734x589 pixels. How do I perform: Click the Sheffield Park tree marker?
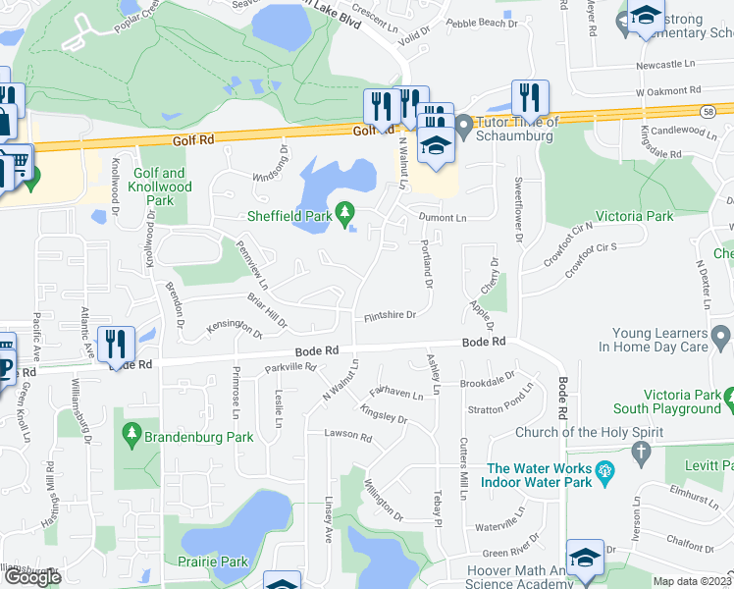click(343, 212)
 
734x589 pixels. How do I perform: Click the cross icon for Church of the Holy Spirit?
click(642, 453)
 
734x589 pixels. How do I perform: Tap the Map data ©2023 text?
click(693, 581)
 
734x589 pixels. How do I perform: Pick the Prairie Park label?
click(213, 562)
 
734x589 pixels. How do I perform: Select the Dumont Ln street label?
click(443, 217)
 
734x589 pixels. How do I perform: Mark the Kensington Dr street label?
click(235, 328)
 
